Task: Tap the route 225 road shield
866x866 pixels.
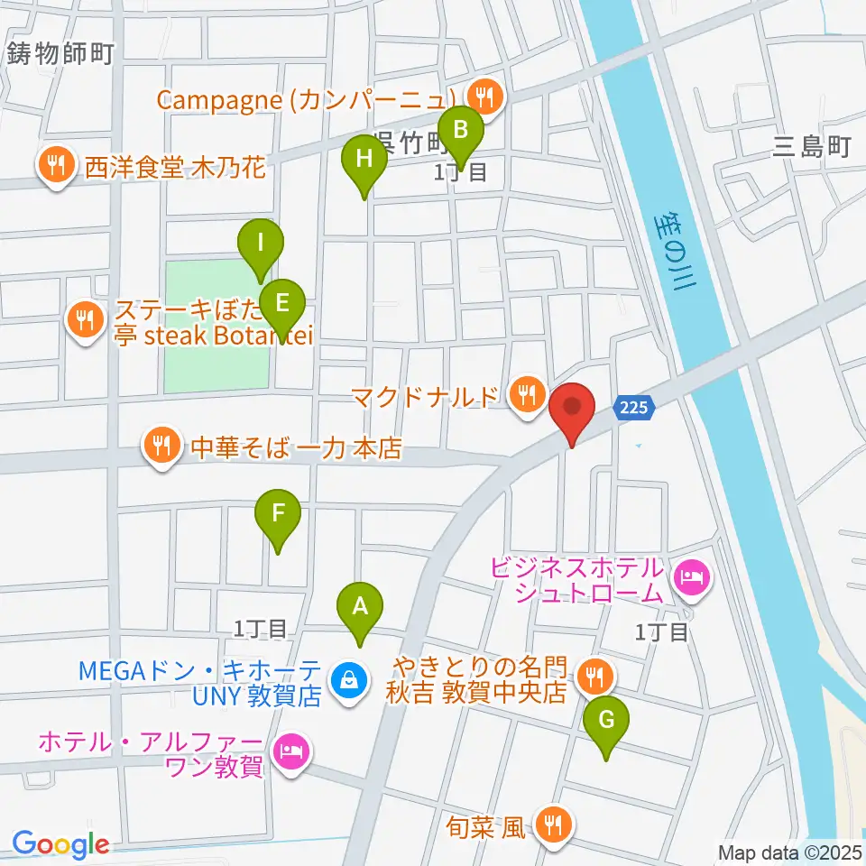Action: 634,409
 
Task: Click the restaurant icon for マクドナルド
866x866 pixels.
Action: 526,394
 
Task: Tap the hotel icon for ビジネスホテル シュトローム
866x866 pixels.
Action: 692,574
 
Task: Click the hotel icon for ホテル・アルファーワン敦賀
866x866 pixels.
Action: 289,749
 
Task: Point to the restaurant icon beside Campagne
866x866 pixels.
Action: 485,95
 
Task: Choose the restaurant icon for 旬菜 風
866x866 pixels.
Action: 553,825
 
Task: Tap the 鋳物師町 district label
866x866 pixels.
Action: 60,54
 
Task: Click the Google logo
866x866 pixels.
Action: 60,844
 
